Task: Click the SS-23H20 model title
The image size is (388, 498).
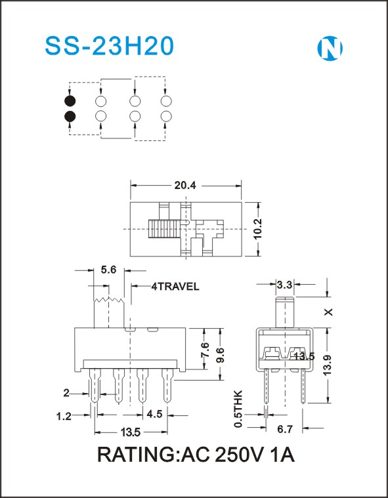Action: pos(110,47)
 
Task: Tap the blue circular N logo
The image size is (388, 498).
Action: pos(330,49)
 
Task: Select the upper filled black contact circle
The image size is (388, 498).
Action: pos(70,101)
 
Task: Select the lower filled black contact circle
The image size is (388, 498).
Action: pos(70,117)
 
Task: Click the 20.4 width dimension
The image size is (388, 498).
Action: pos(185,186)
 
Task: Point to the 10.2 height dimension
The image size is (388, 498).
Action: pos(257,229)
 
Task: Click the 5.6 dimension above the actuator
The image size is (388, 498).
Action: pos(109,270)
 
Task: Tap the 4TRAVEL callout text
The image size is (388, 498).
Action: pos(175,287)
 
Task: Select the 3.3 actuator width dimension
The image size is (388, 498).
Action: pos(284,285)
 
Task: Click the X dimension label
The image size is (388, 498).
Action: pos(329,312)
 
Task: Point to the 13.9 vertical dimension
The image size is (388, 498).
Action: pos(328,365)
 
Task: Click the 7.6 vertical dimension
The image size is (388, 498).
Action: pos(205,350)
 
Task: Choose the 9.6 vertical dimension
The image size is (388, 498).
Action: pos(221,355)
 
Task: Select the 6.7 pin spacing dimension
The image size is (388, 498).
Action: pos(285,429)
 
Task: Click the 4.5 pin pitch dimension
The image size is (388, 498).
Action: pos(154,414)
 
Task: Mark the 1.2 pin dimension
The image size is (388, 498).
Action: pos(64,416)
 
